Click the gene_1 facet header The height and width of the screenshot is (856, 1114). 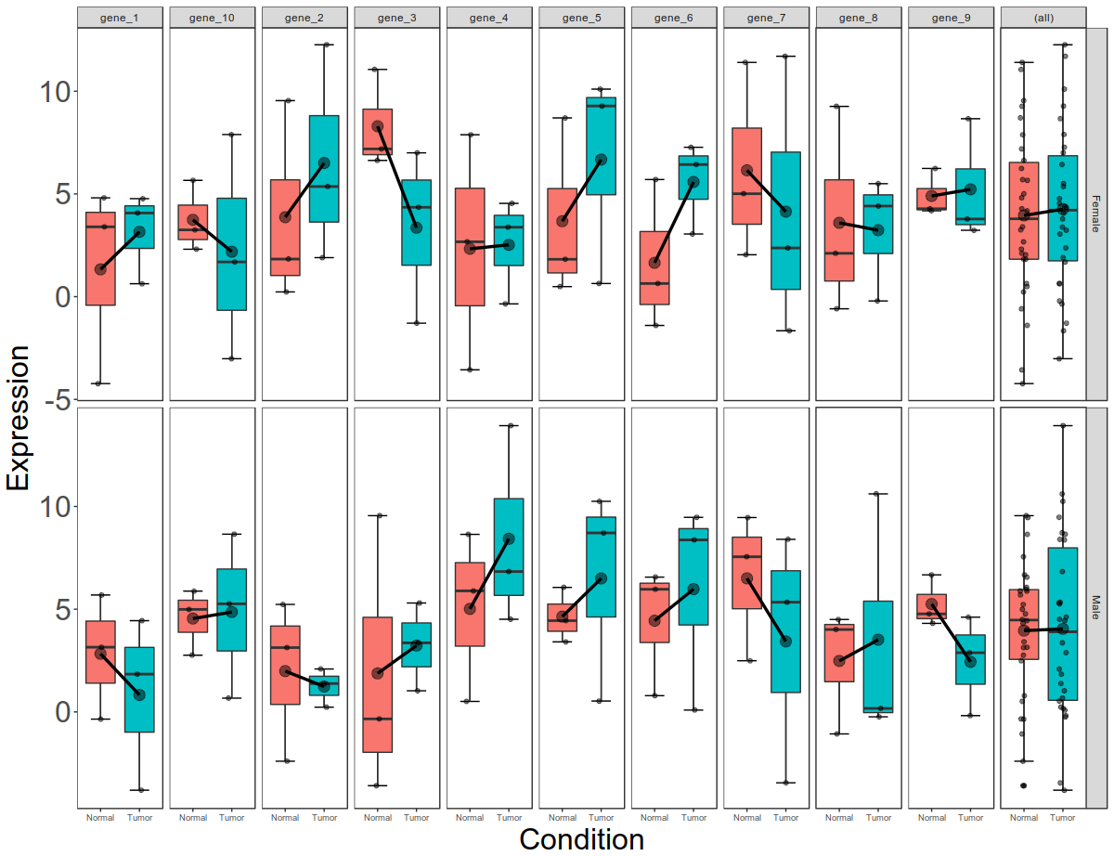(x=120, y=18)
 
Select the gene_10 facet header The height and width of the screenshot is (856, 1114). (x=212, y=18)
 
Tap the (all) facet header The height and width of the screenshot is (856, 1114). (x=1043, y=18)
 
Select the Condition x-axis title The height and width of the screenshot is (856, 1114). (x=581, y=839)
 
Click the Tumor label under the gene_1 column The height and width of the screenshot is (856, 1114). (x=139, y=818)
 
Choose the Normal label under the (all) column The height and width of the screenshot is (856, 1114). (x=1024, y=818)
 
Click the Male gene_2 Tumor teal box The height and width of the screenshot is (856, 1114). (x=324, y=686)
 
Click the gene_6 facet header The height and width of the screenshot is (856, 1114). (x=673, y=18)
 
